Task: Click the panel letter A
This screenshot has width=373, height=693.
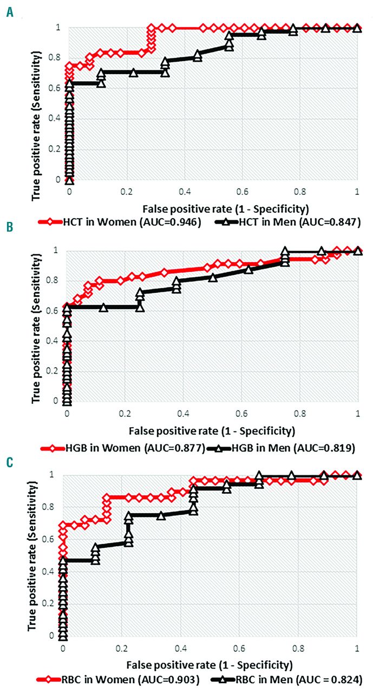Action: pyautogui.click(x=10, y=10)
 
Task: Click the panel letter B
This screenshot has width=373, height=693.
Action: pyautogui.click(x=10, y=237)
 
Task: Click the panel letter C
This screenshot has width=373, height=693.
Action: pyautogui.click(x=10, y=463)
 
